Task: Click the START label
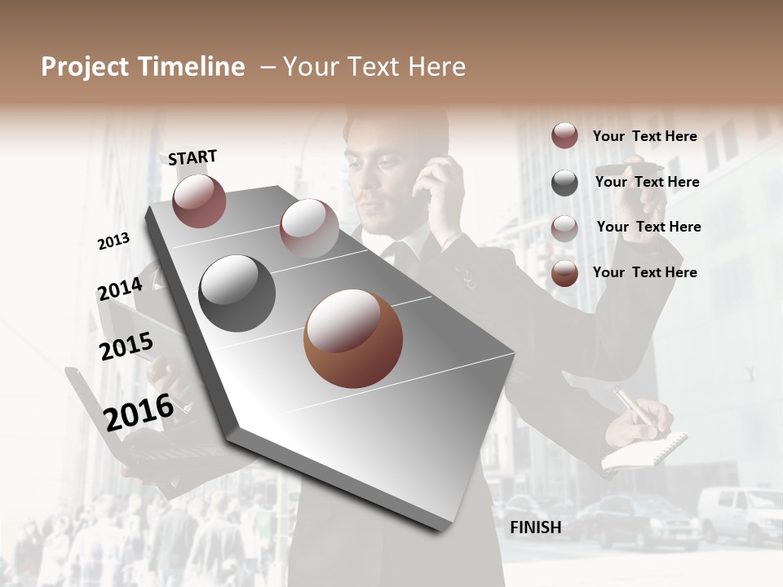pyautogui.click(x=192, y=157)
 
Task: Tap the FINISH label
pyautogui.click(x=535, y=527)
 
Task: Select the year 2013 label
pyautogui.click(x=113, y=241)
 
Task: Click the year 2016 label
pyautogui.click(x=139, y=411)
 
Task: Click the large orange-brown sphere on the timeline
pyautogui.click(x=353, y=338)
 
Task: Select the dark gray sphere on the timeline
pyautogui.click(x=237, y=293)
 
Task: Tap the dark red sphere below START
pyautogui.click(x=199, y=201)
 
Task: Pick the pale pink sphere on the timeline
pyautogui.click(x=309, y=227)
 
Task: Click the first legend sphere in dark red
pyautogui.click(x=564, y=136)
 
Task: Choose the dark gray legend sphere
pyautogui.click(x=564, y=183)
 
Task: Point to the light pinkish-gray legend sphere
pyautogui.click(x=564, y=228)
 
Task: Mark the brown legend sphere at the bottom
pyautogui.click(x=564, y=273)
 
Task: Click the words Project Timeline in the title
pyautogui.click(x=143, y=67)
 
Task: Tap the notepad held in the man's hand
pyautogui.click(x=644, y=450)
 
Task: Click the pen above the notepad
pyautogui.click(x=631, y=405)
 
